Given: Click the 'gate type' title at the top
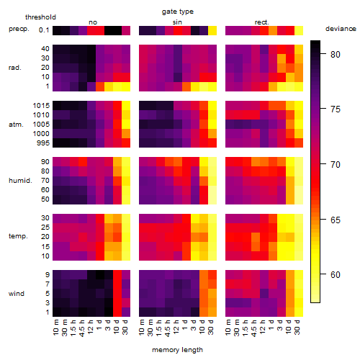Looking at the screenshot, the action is click(x=178, y=12).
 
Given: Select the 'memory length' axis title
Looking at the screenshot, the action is click(x=177, y=350).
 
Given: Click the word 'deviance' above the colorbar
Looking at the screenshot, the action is click(x=341, y=29).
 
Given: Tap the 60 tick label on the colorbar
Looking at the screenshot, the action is click(x=336, y=275).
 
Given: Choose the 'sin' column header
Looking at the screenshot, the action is click(x=177, y=22).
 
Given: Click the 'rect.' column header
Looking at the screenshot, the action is click(x=262, y=22).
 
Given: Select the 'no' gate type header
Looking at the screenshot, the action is click(x=93, y=22).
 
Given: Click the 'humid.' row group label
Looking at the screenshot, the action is click(x=20, y=181).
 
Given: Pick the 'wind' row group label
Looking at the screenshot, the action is click(x=17, y=294).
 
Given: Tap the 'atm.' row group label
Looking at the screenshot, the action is click(x=16, y=125).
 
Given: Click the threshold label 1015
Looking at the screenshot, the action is click(x=41, y=106).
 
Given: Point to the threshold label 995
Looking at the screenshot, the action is click(x=43, y=143).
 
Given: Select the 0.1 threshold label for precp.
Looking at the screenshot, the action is click(x=44, y=30).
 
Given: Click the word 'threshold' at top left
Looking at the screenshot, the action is click(x=40, y=17).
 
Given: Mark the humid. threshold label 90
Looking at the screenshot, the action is click(x=45, y=162).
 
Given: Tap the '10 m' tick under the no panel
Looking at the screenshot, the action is click(x=55, y=328).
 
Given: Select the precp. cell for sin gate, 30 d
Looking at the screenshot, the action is click(x=212, y=30).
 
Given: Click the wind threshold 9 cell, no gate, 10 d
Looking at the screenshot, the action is click(x=117, y=274).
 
